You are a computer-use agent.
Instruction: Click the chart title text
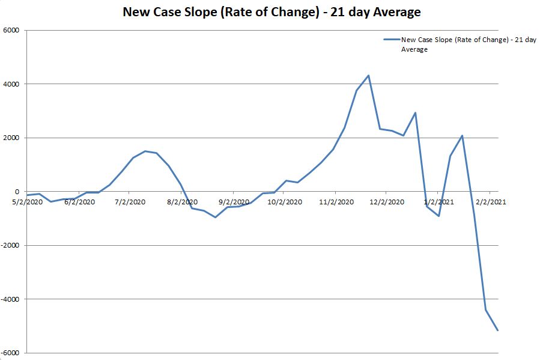272,12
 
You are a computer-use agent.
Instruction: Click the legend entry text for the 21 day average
468,44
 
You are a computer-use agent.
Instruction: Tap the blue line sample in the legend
392,40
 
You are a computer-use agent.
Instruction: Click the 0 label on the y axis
17,192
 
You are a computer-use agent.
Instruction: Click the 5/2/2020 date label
28,202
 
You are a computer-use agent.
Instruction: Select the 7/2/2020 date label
130,202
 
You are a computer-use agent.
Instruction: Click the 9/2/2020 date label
233,202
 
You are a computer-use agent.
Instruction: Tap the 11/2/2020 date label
336,202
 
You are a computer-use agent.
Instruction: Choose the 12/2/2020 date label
386,202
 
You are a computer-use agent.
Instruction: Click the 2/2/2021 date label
491,202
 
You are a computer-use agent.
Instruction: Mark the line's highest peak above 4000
368,76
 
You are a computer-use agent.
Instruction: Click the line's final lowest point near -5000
497,330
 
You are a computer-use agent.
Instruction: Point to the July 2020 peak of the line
145,151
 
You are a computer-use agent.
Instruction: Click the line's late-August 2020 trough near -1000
215,217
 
